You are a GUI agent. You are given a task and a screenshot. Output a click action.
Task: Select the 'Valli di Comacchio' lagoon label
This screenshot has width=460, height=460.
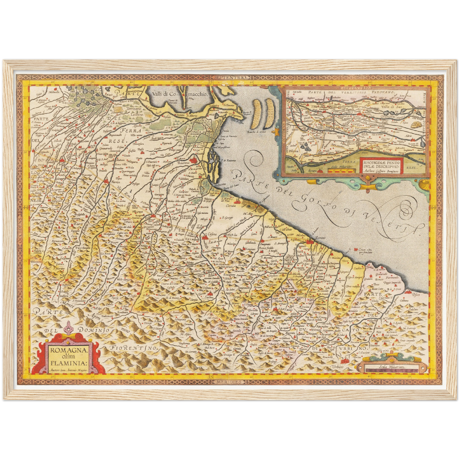pos(180,94)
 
